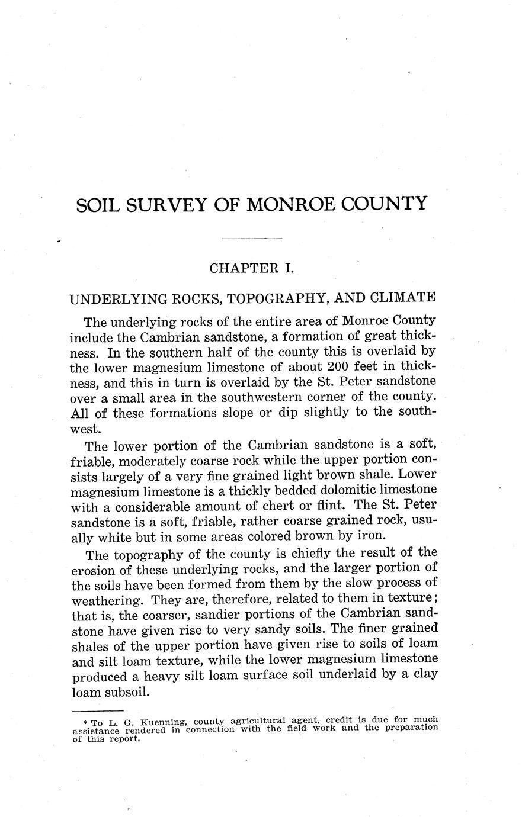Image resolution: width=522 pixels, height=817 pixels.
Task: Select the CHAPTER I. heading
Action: (x=252, y=268)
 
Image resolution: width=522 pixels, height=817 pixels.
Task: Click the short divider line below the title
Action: (x=252, y=239)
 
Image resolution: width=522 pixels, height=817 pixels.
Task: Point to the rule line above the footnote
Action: (x=97, y=710)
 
